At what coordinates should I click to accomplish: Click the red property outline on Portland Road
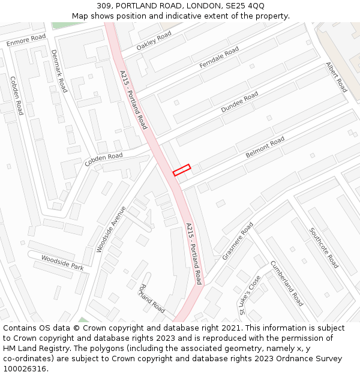[182, 170]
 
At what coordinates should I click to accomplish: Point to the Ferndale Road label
[219, 56]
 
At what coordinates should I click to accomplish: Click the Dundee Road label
[239, 102]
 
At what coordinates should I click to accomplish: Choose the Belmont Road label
[265, 148]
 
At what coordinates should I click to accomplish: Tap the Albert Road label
[337, 77]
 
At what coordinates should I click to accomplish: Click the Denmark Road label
[59, 71]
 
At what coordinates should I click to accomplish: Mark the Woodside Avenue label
[111, 229]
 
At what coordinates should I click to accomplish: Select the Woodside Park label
[62, 262]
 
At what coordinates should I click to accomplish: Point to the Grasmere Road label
[238, 241]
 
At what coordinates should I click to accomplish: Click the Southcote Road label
[325, 248]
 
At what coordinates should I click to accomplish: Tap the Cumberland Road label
[286, 283]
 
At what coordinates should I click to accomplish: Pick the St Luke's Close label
[250, 295]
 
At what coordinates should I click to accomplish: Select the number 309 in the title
[104, 6]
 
